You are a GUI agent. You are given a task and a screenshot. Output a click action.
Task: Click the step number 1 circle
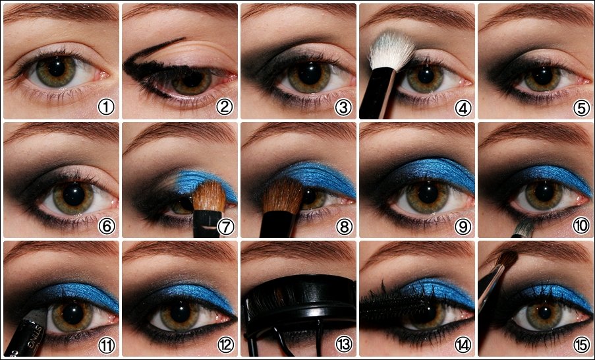[106, 107]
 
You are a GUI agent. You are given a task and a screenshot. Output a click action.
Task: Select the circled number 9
[463, 227]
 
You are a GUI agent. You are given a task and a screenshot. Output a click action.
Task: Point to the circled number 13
[344, 344]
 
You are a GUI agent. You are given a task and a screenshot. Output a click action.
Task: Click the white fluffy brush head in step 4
[391, 50]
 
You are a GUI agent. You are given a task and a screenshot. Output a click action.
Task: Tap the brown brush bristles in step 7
[210, 196]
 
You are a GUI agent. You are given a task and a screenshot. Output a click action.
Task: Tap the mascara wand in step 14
[395, 305]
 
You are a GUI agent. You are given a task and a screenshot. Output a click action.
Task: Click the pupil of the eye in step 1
[57, 68]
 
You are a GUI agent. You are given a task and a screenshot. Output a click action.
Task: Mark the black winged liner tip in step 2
[184, 38]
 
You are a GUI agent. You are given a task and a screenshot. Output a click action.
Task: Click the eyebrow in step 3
[298, 11]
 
